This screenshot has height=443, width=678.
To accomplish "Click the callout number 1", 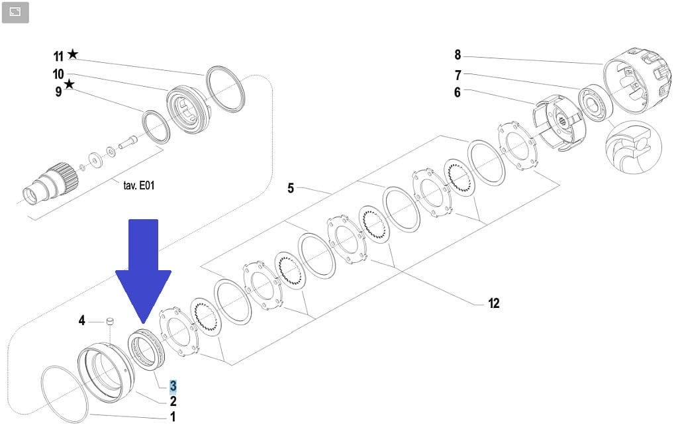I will [x=173, y=417].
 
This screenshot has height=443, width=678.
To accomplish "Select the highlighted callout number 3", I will [x=173, y=386].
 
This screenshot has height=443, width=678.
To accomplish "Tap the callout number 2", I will [x=173, y=401].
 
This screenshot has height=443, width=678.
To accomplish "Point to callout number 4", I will [x=82, y=320].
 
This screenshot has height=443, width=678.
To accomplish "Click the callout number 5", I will [x=291, y=189].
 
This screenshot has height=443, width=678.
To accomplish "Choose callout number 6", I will [x=457, y=93].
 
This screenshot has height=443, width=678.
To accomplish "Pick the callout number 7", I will [x=457, y=75].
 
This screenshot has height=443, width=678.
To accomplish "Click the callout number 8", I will [x=457, y=55].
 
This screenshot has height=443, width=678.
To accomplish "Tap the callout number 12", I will [x=493, y=303].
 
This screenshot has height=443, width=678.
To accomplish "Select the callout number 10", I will [x=58, y=74].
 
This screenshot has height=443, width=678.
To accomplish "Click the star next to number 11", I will [x=72, y=54].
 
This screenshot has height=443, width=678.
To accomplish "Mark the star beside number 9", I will [x=69, y=84].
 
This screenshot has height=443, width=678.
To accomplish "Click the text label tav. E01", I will [x=138, y=185].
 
